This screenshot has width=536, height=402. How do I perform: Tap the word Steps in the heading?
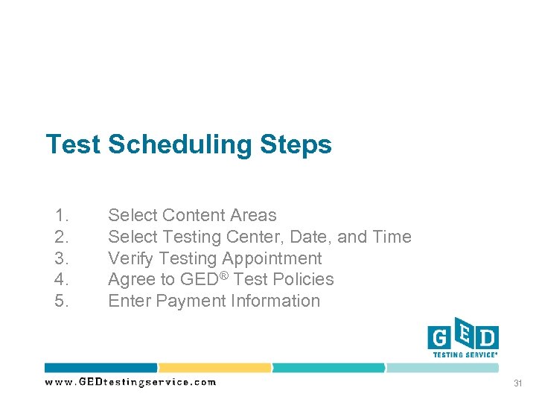(296, 144)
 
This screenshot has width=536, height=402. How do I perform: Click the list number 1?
(62, 216)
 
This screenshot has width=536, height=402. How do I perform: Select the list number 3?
(62, 258)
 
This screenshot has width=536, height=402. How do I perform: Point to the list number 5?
(62, 301)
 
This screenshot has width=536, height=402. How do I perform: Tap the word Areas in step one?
(253, 216)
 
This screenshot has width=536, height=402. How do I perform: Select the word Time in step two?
(392, 237)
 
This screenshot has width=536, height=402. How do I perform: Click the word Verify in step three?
(130, 258)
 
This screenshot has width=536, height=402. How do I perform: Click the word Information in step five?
(275, 301)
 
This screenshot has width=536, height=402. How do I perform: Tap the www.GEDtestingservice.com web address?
(130, 382)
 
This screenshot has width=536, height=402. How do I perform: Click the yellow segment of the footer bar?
(214, 368)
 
